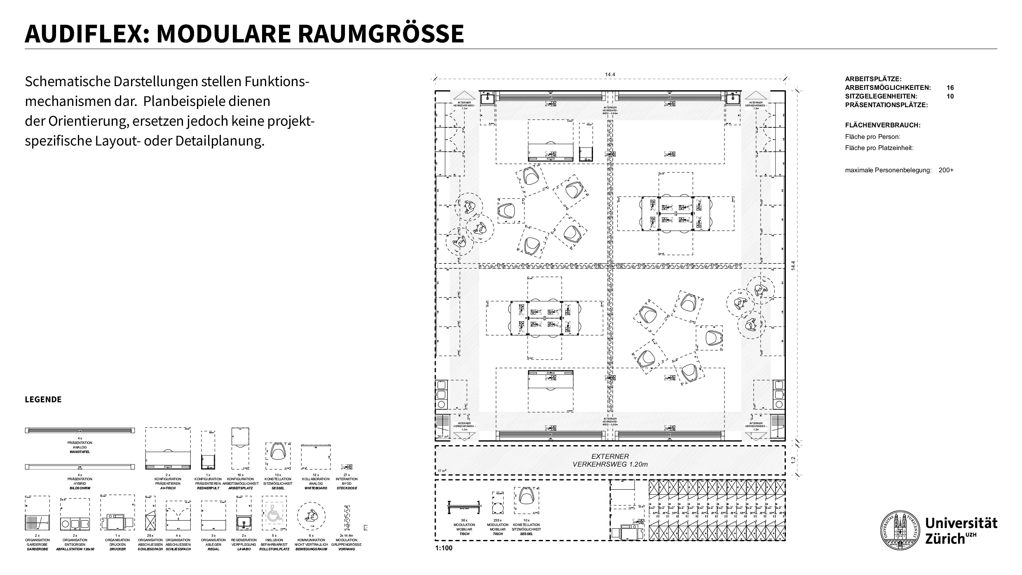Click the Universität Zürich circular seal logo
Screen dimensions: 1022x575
point(900,530)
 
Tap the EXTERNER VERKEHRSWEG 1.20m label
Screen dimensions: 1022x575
point(610,460)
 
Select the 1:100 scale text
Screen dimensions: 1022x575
point(443,548)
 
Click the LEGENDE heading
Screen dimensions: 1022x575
point(43,400)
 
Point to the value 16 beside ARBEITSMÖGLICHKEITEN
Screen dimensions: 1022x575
point(950,88)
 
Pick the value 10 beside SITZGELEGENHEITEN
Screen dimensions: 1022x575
point(950,96)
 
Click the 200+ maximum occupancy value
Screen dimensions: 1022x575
point(946,170)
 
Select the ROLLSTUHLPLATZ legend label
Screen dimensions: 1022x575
point(274,549)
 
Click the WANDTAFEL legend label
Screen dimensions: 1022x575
point(80,452)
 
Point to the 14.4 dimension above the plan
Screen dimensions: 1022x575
point(610,75)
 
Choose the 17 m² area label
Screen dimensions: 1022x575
point(441,471)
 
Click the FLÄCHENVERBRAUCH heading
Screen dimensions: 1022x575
point(883,125)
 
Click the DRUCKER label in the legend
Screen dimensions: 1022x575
point(117,549)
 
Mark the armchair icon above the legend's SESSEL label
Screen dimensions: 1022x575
point(278,453)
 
